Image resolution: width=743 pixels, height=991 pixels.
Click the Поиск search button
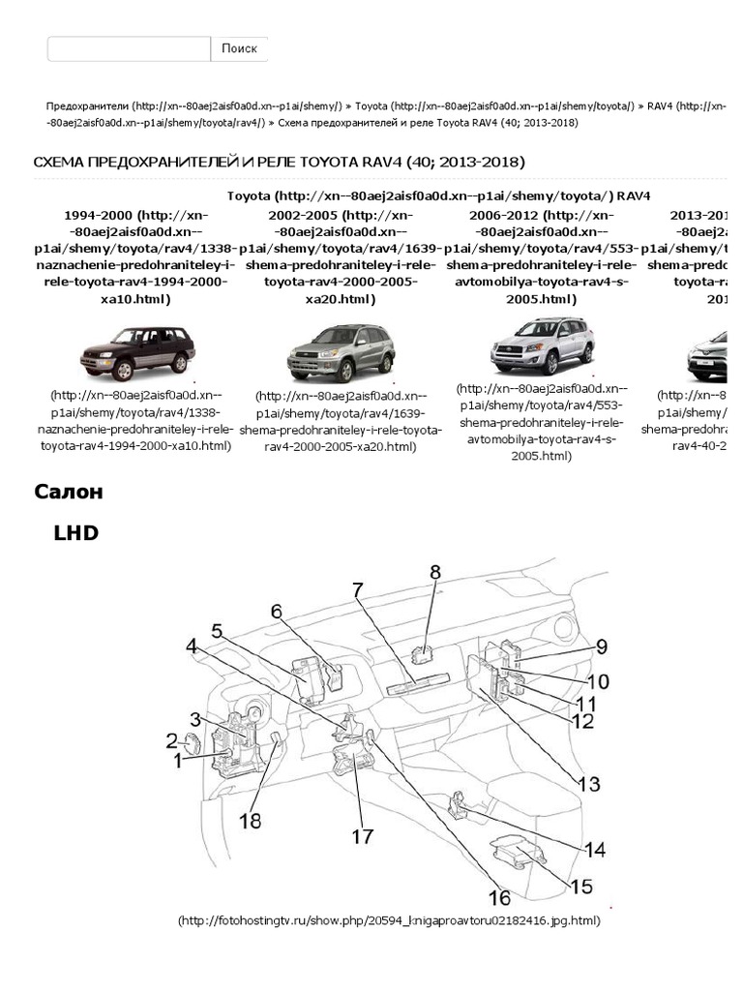point(239,48)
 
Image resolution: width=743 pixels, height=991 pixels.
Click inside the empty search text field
point(129,48)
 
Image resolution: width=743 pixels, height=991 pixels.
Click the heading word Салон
point(69,492)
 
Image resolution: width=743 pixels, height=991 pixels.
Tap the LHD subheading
point(76,532)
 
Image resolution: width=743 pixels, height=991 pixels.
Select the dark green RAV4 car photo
point(135,352)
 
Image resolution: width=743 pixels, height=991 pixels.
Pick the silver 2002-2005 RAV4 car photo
point(341,352)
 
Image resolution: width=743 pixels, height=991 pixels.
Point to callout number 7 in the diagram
point(358,589)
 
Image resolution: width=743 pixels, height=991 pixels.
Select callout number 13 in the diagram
point(589,784)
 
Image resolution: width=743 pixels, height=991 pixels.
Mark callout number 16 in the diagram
point(499,896)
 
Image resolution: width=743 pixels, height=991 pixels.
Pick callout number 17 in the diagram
point(362,835)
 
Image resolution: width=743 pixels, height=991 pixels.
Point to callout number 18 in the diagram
point(250,821)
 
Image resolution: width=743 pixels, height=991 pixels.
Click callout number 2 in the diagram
point(171,741)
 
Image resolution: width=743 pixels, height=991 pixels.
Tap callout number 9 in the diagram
point(601,646)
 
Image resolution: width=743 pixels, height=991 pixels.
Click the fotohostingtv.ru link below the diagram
point(389,920)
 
